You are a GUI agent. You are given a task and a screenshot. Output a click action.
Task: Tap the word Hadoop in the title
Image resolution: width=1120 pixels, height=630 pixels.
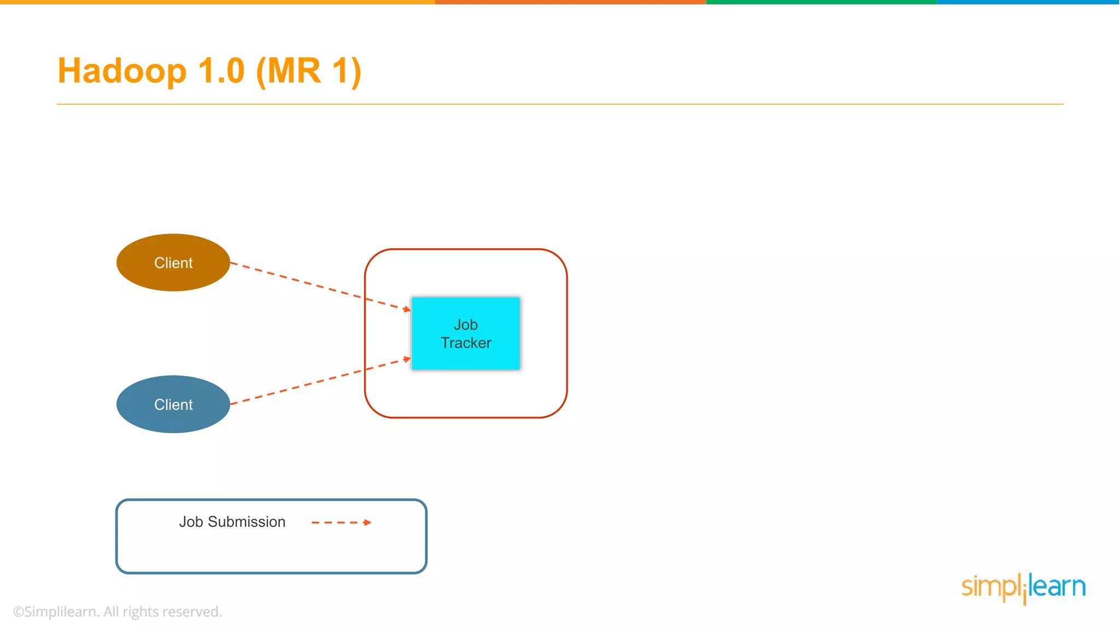(x=122, y=71)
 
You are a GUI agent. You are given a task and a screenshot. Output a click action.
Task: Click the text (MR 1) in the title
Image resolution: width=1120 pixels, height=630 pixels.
(x=308, y=71)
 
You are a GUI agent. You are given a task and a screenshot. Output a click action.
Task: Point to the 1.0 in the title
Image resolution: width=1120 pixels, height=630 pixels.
(x=221, y=71)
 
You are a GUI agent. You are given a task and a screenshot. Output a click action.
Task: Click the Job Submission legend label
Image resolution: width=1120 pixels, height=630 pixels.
(x=232, y=522)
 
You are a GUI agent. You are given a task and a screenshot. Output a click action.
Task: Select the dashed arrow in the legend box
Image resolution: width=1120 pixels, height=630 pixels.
(x=340, y=522)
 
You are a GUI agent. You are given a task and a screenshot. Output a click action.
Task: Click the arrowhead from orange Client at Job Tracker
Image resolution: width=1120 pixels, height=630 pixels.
(x=407, y=310)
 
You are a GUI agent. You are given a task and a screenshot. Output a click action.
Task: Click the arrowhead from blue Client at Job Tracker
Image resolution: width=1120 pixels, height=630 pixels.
(x=407, y=359)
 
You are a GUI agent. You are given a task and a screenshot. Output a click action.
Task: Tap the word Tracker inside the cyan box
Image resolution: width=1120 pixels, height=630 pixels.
(x=466, y=343)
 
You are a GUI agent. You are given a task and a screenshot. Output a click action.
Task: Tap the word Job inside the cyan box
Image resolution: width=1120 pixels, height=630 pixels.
(x=466, y=325)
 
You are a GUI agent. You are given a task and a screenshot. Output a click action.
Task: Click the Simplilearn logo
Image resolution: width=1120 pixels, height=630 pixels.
(x=1023, y=587)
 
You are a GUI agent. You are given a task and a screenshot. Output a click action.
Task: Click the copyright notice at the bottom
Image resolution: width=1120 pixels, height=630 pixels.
(x=118, y=611)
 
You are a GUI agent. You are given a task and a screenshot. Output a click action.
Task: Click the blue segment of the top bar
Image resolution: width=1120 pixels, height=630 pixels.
(x=1028, y=2)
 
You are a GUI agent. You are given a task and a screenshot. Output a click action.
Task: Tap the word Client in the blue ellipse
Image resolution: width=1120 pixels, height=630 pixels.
(x=173, y=405)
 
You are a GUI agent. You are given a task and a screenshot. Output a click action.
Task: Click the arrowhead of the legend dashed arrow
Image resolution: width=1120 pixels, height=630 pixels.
(x=368, y=522)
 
